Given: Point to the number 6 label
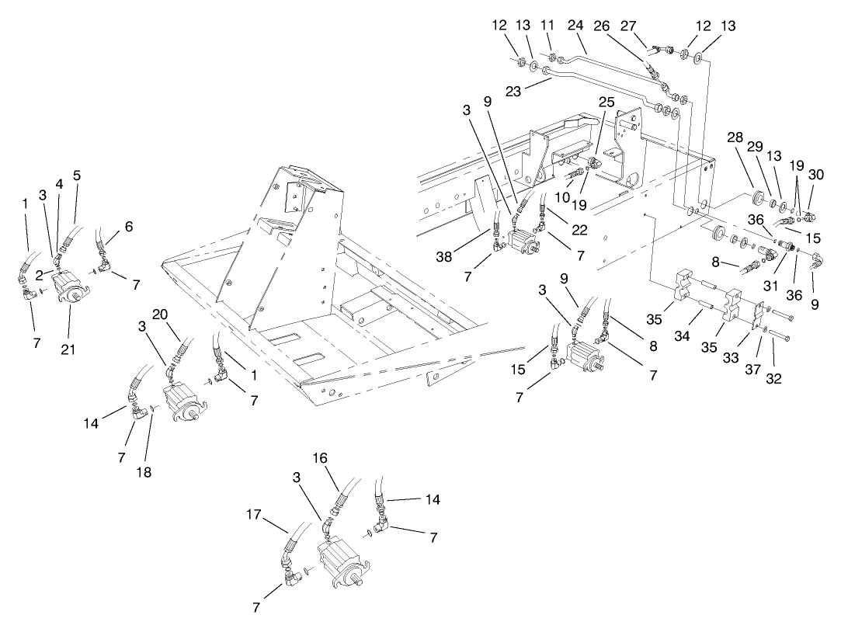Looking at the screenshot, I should point(129,227).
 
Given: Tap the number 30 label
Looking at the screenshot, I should point(815,175).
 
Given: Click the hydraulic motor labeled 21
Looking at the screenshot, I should point(71,288).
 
